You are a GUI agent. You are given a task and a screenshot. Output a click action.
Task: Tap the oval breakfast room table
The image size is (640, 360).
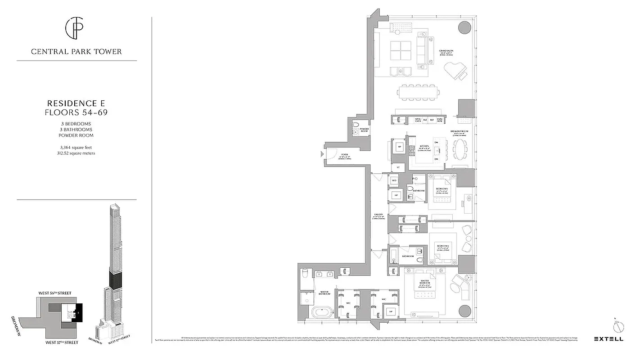click(x=459, y=149)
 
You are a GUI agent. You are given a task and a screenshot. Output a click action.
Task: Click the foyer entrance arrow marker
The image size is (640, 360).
click(x=322, y=154)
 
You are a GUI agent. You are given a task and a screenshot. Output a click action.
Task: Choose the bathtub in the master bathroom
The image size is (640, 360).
click(x=322, y=312)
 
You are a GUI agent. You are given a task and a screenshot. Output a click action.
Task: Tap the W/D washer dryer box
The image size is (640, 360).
click(x=394, y=180)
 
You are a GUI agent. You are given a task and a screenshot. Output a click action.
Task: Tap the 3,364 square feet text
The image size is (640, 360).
click(x=77, y=147)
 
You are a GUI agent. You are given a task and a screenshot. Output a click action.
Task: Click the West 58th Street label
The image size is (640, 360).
click(x=54, y=293)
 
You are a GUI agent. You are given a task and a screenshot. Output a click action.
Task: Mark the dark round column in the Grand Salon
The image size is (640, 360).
click(x=464, y=27)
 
